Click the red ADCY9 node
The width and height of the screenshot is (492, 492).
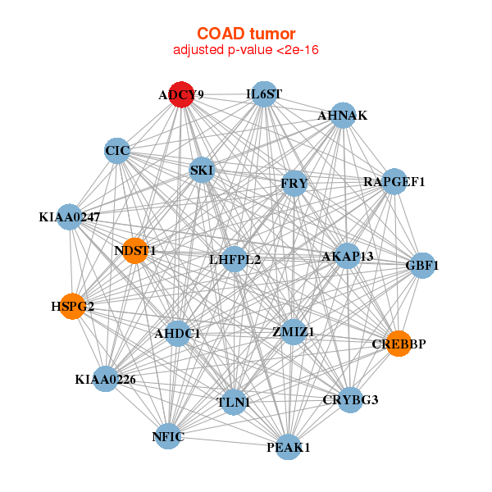[181, 94]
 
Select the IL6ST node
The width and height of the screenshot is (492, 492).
[264, 93]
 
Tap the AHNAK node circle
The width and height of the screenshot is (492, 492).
[344, 115]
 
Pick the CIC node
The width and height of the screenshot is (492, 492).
[117, 151]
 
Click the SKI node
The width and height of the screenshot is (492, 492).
[202, 170]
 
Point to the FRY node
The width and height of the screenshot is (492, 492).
[294, 183]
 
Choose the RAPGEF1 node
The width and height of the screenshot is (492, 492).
[394, 181]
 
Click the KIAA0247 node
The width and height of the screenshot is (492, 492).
[70, 216]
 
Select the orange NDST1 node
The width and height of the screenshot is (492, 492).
[135, 251]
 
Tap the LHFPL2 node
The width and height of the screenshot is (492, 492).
[235, 259]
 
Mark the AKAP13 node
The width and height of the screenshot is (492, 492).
[348, 256]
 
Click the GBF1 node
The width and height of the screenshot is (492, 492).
[422, 266]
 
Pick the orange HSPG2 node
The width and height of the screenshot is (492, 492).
[72, 307]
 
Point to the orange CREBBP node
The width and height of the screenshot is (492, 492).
[399, 344]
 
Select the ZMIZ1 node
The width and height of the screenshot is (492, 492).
[293, 331]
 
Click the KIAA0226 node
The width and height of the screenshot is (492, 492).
[106, 379]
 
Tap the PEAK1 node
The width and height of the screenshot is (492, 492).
[289, 447]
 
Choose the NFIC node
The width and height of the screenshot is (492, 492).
[168, 436]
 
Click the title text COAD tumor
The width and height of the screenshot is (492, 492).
[246, 34]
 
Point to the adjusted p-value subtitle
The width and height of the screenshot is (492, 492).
[246, 50]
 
